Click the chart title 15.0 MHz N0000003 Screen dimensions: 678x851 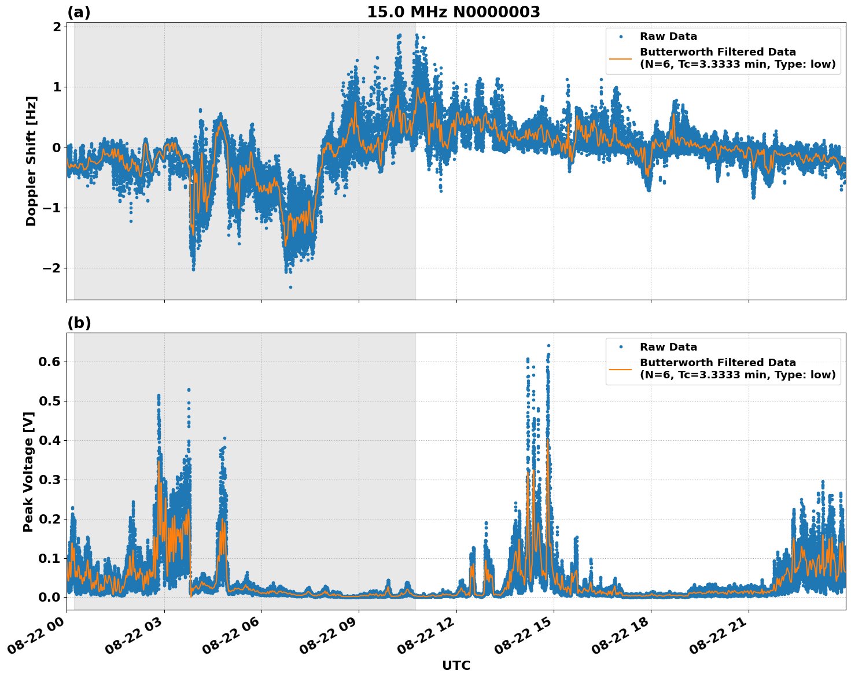[453, 12]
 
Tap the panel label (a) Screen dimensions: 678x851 [79, 12]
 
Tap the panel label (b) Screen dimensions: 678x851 [79, 323]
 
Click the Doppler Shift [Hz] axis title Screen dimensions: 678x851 [31, 161]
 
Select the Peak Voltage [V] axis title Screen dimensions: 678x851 [28, 471]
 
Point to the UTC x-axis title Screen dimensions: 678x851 [456, 665]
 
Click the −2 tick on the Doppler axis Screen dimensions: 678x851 [51, 268]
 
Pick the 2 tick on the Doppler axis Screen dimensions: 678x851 [57, 27]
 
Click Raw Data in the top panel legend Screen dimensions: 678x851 [668, 36]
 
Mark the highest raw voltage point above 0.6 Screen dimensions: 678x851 [548, 345]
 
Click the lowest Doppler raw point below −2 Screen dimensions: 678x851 [290, 287]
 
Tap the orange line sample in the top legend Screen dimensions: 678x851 [621, 58]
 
